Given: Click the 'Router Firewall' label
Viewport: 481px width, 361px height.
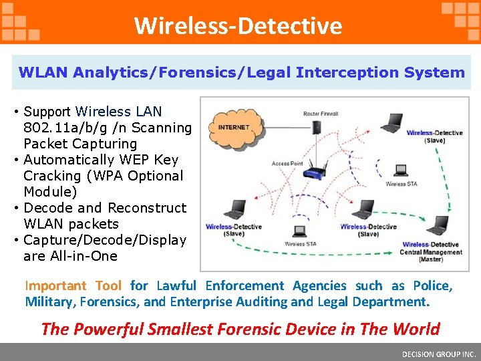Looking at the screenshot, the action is coord(321,114).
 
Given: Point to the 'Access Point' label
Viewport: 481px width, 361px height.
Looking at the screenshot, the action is coord(288,163).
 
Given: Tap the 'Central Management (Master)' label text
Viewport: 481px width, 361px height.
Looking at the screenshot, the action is coord(431,252).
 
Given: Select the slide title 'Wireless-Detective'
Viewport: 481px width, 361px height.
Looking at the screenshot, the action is coord(238,25).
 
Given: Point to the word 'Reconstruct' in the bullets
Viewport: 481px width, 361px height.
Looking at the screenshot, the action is coord(147,208).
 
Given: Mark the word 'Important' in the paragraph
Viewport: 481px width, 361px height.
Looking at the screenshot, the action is coord(56,285).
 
